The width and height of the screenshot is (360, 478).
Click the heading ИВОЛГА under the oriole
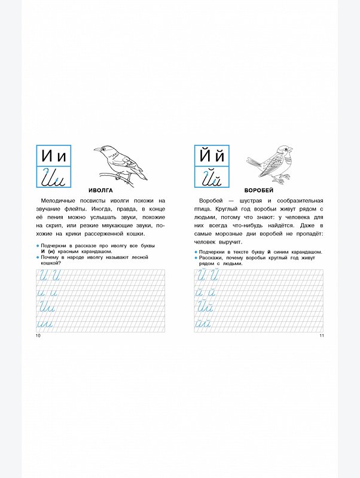100,190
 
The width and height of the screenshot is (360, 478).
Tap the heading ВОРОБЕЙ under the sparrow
259,190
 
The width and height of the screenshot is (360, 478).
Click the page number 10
38,336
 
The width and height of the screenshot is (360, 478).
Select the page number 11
322,336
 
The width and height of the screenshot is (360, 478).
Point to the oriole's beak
97,150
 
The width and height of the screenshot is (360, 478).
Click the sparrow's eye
286,150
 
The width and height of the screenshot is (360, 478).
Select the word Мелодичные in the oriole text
58,200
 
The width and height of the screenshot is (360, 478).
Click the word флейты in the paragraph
73,209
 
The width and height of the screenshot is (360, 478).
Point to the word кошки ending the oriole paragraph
136,234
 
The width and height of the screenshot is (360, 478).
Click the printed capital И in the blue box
47,156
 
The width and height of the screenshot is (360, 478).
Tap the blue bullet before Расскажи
196,258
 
